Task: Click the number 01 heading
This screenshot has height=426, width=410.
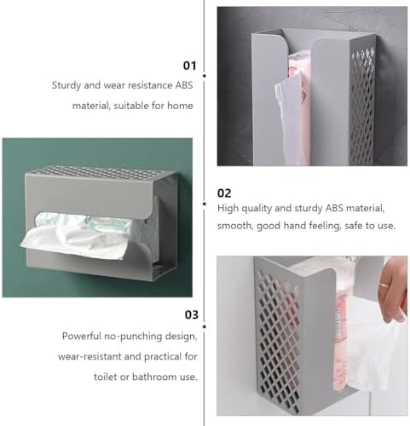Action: click(x=189, y=66)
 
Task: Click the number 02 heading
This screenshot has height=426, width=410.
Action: click(x=224, y=193)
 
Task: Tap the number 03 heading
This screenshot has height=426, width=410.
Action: click(x=191, y=314)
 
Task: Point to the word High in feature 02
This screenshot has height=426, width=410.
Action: click(x=227, y=208)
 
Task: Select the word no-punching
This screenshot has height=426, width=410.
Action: click(x=133, y=337)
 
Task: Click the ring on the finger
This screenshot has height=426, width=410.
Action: click(x=384, y=285)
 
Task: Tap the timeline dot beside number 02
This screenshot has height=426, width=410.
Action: click(x=205, y=204)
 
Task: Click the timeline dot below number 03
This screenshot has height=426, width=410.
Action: click(x=205, y=326)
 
